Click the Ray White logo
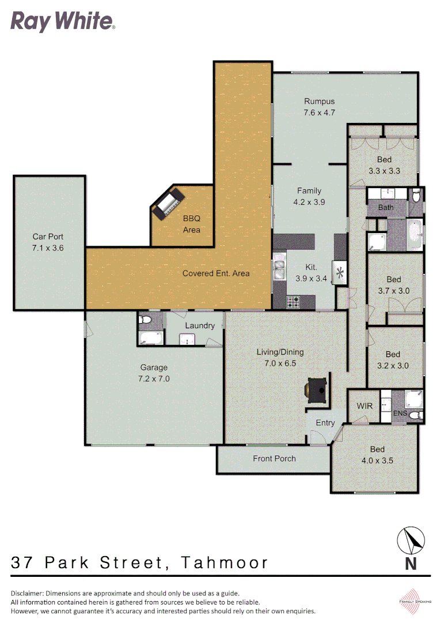[63, 22]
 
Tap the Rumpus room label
[319, 102]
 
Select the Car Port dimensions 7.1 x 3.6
[48, 248]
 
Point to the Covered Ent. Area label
[216, 273]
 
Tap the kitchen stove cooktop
[293, 301]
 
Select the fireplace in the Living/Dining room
[316, 391]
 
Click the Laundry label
[200, 325]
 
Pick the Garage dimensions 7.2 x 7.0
[154, 379]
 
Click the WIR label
[365, 406]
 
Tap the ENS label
[400, 414]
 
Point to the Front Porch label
[274, 459]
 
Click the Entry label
[325, 423]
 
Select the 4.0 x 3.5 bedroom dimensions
[377, 461]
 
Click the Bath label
[386, 207]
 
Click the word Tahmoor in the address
[225, 562]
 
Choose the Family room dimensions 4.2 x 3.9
[309, 202]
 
